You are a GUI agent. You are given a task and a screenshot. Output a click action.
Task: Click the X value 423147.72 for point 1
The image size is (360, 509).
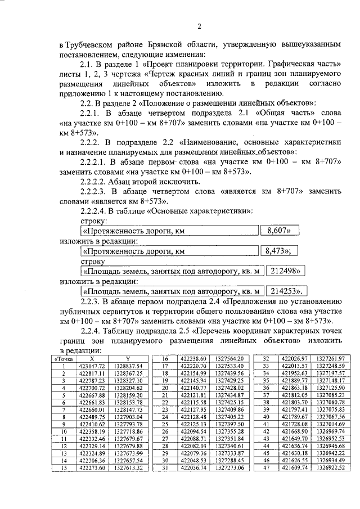tap(92, 366)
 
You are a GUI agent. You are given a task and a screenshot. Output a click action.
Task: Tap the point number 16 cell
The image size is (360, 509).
tap(166, 359)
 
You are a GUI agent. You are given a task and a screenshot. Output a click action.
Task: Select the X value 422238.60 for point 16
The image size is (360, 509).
tap(194, 359)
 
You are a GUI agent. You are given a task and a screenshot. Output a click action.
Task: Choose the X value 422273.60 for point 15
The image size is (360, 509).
tap(92, 467)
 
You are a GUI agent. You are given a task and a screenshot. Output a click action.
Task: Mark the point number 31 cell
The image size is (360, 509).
tap(166, 467)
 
